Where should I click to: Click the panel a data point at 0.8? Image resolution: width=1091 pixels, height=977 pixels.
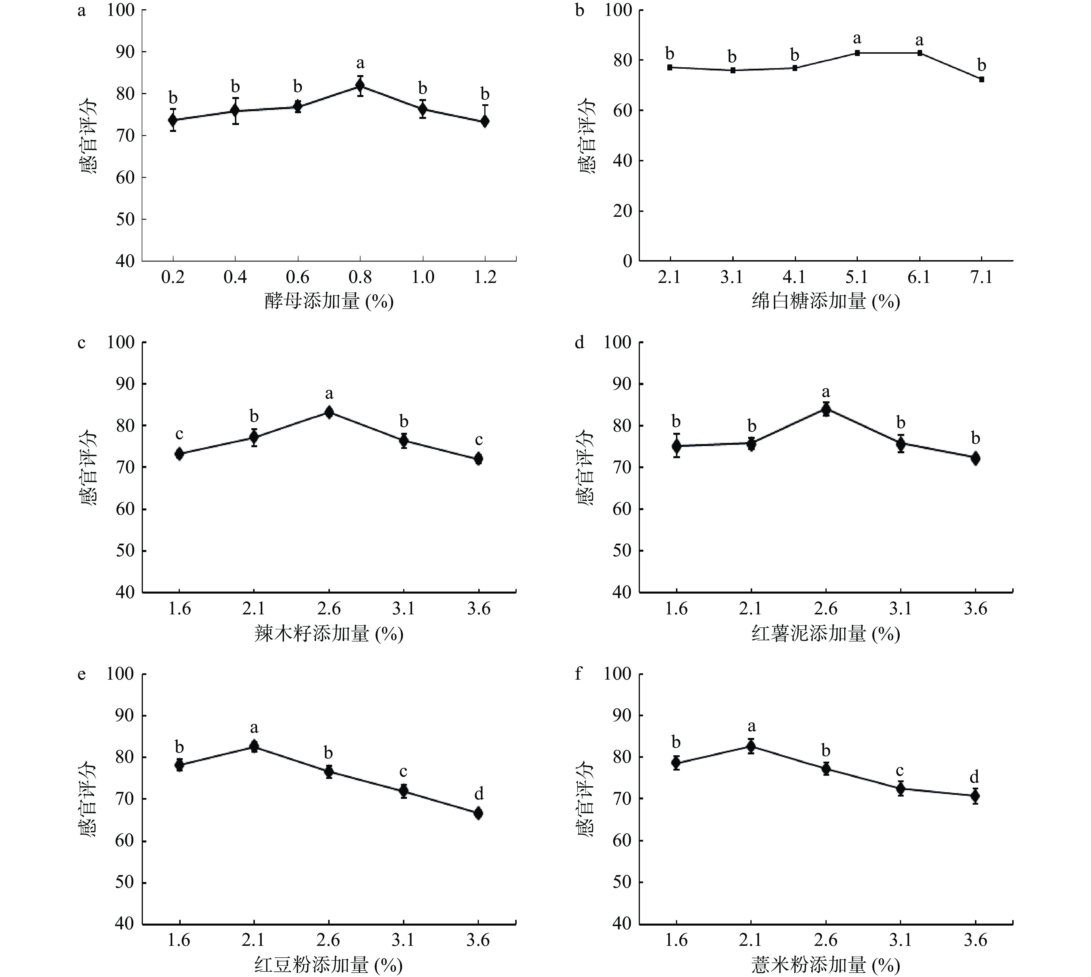(360, 85)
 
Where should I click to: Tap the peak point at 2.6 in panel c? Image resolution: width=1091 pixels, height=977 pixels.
(329, 412)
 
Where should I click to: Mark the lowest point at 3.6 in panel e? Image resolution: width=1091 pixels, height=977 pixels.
(478, 813)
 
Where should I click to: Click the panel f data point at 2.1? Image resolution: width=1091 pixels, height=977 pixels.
(751, 746)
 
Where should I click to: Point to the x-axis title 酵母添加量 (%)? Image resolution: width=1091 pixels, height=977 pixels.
(329, 302)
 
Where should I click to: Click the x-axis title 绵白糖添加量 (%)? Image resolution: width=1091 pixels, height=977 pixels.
(825, 302)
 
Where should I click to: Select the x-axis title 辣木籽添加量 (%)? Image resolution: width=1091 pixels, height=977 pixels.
(329, 634)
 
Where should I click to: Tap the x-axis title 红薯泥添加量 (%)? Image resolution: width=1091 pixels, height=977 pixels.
(825, 634)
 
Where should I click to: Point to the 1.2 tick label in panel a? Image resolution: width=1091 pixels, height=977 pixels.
(485, 277)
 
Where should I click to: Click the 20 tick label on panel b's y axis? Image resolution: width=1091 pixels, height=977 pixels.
(623, 211)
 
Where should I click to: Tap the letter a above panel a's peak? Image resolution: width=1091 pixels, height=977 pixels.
(360, 63)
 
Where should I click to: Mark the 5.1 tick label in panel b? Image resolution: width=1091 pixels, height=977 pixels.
(856, 277)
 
